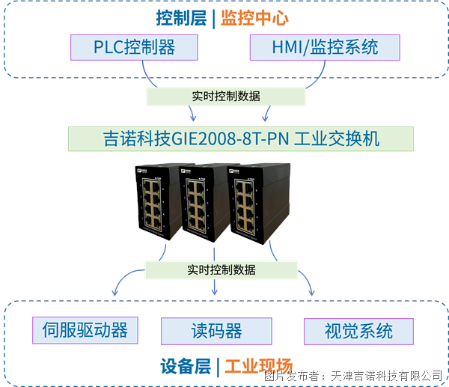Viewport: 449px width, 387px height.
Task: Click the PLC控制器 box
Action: (135, 47)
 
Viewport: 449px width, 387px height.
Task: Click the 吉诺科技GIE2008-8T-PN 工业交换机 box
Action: (241, 138)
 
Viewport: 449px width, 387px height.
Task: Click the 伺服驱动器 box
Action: (85, 329)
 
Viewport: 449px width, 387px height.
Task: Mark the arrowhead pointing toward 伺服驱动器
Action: (114, 292)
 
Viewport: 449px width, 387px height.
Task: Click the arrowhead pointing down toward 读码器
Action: (216, 291)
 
